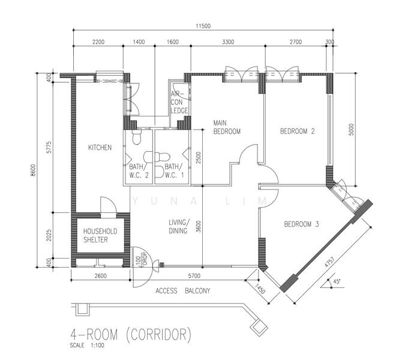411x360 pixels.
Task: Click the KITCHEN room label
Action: pos(100,147)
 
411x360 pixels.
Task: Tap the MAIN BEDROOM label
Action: pos(227,127)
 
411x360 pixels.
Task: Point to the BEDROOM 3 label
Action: pos(301,224)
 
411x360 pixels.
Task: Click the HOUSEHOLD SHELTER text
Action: pos(100,235)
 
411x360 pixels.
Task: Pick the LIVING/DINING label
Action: pos(179,226)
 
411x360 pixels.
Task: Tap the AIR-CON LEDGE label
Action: pos(179,102)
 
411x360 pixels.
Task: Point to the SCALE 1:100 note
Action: pos(86,346)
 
